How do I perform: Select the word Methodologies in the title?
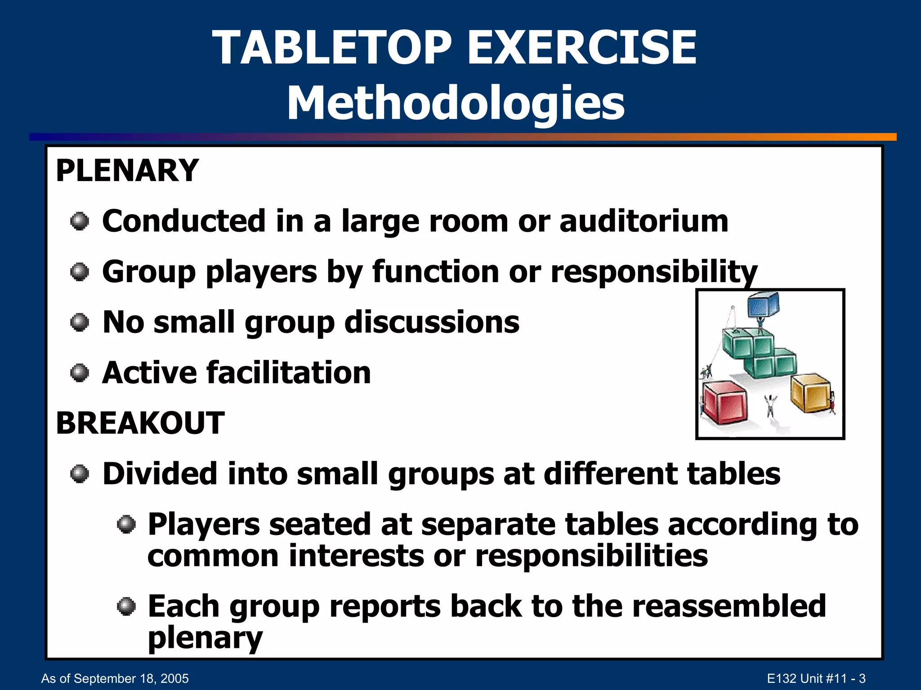click(456, 103)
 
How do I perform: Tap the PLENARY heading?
click(127, 171)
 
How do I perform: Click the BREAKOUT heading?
click(140, 423)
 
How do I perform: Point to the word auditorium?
click(644, 221)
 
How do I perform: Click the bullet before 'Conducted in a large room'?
click(80, 221)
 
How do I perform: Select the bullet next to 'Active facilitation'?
click(80, 373)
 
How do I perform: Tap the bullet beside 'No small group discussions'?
click(80, 323)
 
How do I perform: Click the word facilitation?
click(288, 373)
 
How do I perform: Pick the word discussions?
click(432, 323)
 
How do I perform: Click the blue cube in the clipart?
click(763, 305)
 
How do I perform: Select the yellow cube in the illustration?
click(810, 392)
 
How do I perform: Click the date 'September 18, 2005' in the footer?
click(131, 678)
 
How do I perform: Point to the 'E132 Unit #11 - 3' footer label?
click(816, 678)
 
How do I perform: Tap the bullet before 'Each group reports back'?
click(126, 607)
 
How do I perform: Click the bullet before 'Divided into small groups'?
click(80, 474)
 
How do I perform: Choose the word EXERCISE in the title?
click(582, 47)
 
